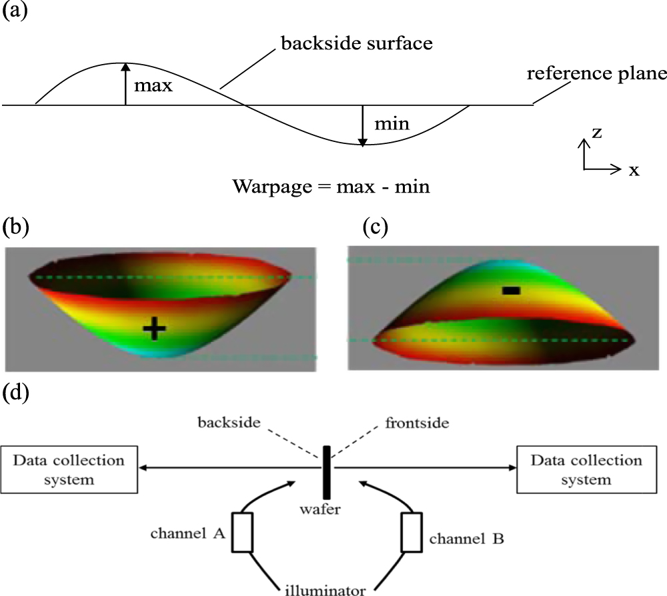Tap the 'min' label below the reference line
pos(391,124)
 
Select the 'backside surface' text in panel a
pos(357,45)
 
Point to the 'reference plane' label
pos(596,73)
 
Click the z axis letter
pos(598,133)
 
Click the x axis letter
pos(633,170)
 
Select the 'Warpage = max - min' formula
pos(331,186)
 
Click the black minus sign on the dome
pos(511,290)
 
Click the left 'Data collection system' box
pos(69,469)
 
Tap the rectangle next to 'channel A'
pos(242,533)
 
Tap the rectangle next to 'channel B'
pos(412,533)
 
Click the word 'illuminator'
pos(327,589)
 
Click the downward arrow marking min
pos(362,125)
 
